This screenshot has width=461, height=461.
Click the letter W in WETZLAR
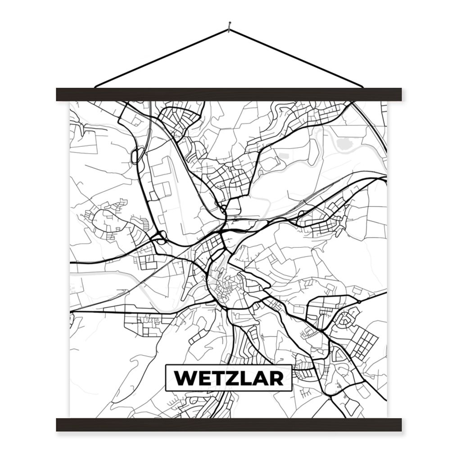click(185, 378)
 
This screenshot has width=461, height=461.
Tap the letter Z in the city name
click(230, 378)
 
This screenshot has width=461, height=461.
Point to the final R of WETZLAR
click(277, 378)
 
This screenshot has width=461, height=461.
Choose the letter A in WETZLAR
click(260, 378)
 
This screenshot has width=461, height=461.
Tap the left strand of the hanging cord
click(162, 58)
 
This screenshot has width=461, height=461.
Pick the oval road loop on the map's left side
click(134, 156)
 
